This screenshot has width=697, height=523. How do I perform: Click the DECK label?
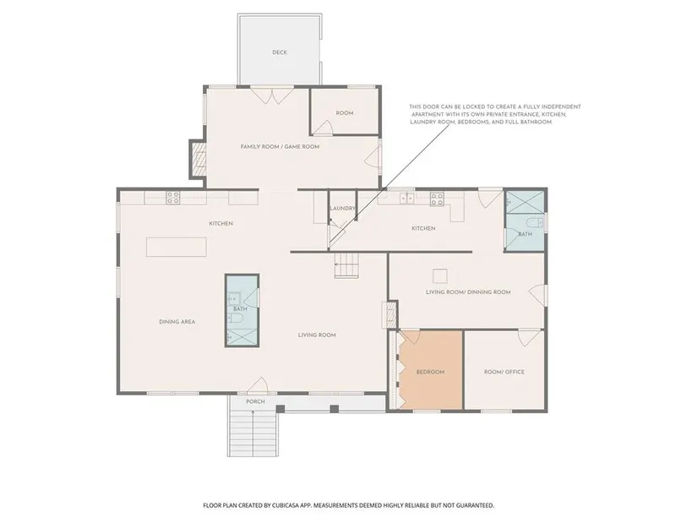280,52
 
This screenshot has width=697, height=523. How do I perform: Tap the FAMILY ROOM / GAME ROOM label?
280,147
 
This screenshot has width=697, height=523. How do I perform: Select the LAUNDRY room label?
342,208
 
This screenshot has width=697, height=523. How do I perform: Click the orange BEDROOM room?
430,370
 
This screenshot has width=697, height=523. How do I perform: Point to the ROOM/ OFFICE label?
504,372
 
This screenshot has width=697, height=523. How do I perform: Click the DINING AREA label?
177,322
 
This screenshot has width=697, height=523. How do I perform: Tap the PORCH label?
256,401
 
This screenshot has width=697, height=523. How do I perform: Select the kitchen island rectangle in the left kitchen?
177,247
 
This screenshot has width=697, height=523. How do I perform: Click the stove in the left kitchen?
173,198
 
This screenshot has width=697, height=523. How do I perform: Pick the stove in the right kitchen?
437,199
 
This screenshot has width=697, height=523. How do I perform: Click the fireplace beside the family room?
199,159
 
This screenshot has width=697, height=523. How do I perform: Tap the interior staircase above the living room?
346,265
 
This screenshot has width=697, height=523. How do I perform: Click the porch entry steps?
253,433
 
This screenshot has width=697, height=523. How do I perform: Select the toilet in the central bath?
235,318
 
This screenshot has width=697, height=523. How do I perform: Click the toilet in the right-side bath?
533,222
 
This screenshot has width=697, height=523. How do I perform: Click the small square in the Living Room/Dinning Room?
440,276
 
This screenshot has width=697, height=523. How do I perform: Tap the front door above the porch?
257,385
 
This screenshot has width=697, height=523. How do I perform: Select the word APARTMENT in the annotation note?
427,114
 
